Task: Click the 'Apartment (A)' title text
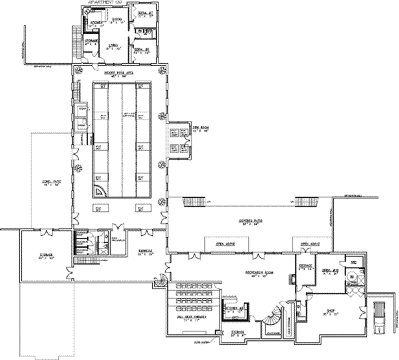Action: click(105, 2)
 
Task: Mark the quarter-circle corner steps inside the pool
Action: click(100, 191)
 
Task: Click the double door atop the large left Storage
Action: click(47, 232)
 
